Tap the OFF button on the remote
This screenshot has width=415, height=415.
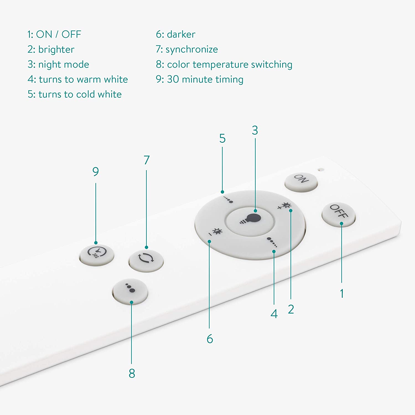click(x=338, y=214)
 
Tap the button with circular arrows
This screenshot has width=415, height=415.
click(x=146, y=260)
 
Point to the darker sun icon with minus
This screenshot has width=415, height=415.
click(x=216, y=232)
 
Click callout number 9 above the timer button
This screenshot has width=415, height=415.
click(x=95, y=172)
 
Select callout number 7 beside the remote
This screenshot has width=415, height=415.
click(x=147, y=160)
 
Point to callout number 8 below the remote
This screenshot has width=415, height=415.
click(x=132, y=373)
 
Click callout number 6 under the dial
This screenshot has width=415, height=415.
click(x=210, y=339)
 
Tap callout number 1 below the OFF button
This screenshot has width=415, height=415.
click(x=342, y=294)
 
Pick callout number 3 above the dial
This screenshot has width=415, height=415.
click(x=255, y=131)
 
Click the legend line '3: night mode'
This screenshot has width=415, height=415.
click(x=58, y=64)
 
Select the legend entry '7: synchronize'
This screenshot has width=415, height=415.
click(x=187, y=49)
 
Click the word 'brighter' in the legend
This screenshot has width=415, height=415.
click(x=56, y=50)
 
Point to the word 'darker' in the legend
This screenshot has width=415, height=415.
click(x=181, y=34)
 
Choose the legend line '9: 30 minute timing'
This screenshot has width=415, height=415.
click(x=199, y=79)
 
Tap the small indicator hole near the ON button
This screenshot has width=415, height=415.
click(x=321, y=169)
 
